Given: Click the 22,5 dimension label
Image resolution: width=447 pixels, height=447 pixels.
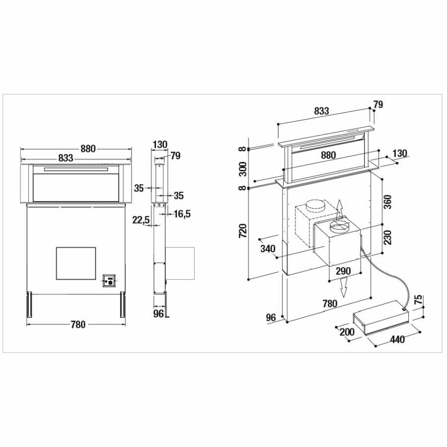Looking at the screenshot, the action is coord(141,220).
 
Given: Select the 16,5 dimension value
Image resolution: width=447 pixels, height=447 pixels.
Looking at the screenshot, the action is coord(182,214).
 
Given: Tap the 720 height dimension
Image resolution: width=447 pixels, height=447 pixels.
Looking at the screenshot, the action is coord(242,231).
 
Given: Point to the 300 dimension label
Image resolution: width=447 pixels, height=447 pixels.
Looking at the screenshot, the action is coord(242,169).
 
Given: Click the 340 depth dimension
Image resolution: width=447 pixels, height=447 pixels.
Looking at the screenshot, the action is coord(268,249).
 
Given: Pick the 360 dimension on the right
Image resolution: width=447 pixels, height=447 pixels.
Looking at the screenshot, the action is coord(388,202).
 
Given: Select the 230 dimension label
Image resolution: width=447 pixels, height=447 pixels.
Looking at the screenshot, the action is coord(388,237).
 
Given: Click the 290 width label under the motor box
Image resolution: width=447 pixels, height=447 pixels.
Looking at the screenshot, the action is coord(343,271).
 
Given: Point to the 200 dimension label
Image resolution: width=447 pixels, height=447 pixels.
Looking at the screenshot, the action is coord(347,332).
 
